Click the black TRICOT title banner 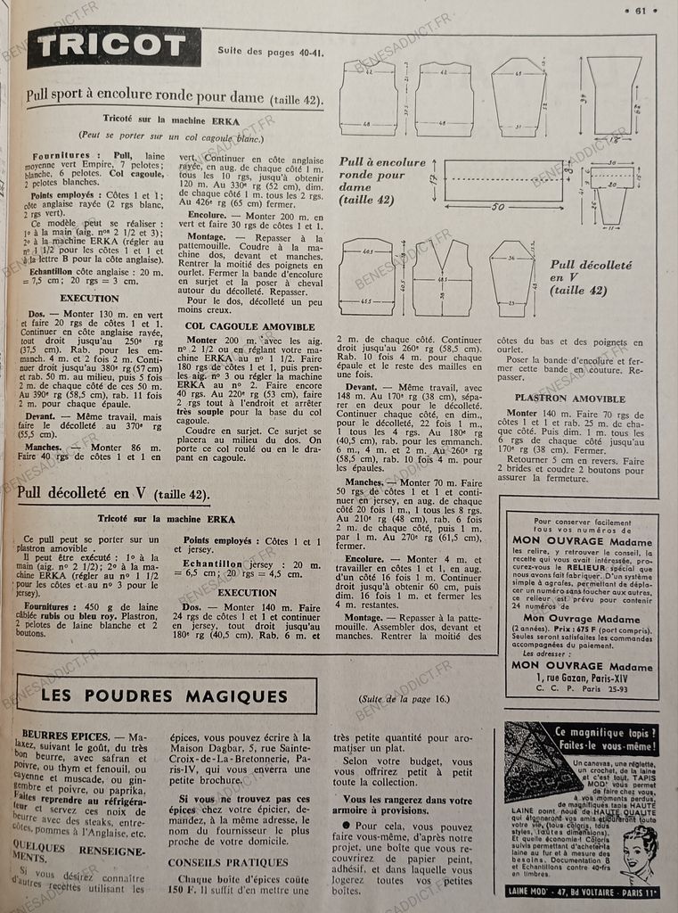[x=114, y=47]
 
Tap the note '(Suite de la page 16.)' [x=405, y=698]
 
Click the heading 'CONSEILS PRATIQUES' [x=228, y=862]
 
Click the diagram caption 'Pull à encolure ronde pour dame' [x=381, y=181]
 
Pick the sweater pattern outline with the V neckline [x=441, y=277]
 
